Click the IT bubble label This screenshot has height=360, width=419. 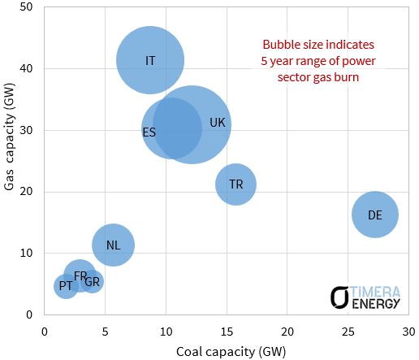coord(150,61)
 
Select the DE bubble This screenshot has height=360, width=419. coord(374,215)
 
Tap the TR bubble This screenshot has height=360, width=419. coord(235,184)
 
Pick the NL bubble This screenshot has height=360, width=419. coord(113,245)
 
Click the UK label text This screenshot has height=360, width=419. coord(218,123)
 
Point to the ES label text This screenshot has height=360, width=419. coord(149,132)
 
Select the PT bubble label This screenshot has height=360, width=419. coord(66,286)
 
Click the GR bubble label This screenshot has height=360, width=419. coord(93,282)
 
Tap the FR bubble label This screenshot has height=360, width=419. coord(80,276)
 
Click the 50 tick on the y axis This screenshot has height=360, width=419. coord(28,7)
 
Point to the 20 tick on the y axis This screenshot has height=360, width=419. coord(28,192)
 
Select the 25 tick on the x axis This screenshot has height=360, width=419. coord(348,331)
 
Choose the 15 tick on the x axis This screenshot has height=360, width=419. coord(227,331)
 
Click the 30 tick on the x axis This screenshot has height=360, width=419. coord(408,331)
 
